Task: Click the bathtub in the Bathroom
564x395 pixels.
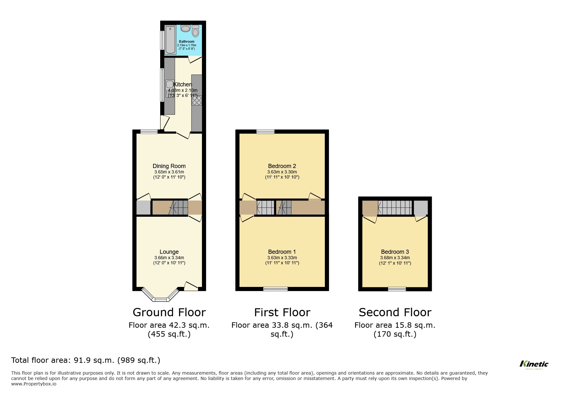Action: coord(170,40)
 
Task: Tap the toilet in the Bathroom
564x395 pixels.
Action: coord(195,32)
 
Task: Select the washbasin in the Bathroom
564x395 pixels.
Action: coord(185,29)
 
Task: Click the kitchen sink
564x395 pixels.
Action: coord(169,85)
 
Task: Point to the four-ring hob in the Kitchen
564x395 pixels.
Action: coord(196,100)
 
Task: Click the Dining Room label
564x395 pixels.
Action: coord(169,166)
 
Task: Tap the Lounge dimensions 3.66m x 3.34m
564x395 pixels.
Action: coord(169,258)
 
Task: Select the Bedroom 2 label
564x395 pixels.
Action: coord(282,166)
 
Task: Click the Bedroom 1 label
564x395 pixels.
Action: coord(282,252)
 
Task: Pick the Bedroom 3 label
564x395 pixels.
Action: coord(395,252)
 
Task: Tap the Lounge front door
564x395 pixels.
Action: coord(191,286)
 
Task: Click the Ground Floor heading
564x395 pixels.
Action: coord(169,312)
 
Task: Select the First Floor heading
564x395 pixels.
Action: coord(282,312)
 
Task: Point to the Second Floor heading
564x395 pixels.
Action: coord(395,312)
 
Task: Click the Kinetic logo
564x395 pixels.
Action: coord(534,364)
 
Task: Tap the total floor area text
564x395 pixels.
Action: coord(86,360)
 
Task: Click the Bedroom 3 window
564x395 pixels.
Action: coord(397,289)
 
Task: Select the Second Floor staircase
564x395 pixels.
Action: coord(395,208)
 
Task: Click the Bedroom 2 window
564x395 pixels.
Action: coord(266,131)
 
